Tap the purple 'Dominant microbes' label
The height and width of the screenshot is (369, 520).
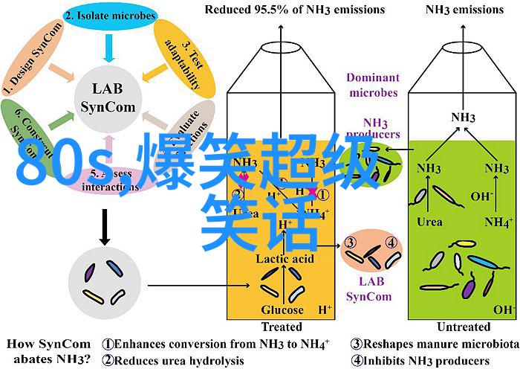[x=372, y=84]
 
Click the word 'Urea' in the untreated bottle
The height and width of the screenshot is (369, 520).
[x=429, y=222]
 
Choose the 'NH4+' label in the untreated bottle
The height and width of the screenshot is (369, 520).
[x=498, y=222]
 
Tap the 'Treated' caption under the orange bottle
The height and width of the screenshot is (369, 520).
[x=282, y=327]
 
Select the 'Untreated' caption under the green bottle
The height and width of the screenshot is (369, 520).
[x=464, y=327]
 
